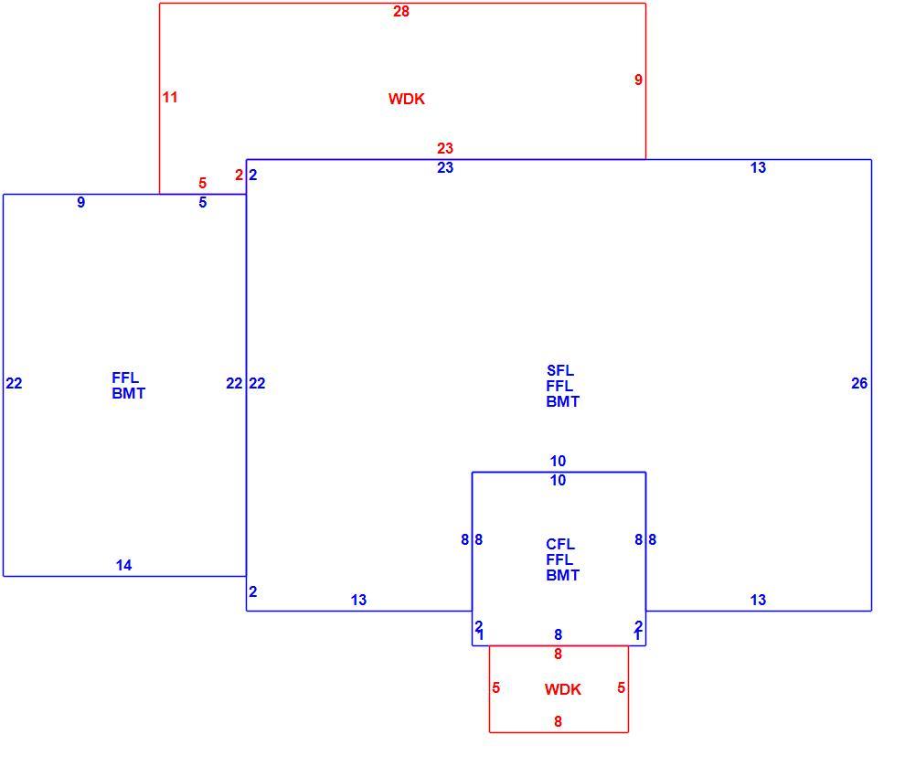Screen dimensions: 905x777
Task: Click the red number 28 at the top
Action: pyautogui.click(x=401, y=11)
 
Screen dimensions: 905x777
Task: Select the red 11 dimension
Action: pyautogui.click(x=170, y=97)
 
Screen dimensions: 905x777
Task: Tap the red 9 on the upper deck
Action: pyautogui.click(x=638, y=80)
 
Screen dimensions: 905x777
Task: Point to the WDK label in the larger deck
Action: pyautogui.click(x=406, y=99)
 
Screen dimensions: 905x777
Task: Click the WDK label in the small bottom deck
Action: pyautogui.click(x=563, y=689)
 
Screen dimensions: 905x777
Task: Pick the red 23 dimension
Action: pyautogui.click(x=445, y=148)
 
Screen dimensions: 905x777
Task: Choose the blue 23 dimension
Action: pyautogui.click(x=445, y=167)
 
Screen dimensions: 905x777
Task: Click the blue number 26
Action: pyautogui.click(x=858, y=383)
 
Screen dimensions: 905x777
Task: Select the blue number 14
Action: pyautogui.click(x=123, y=565)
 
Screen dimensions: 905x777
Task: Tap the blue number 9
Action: pyautogui.click(x=80, y=202)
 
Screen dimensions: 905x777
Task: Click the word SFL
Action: pyautogui.click(x=559, y=370)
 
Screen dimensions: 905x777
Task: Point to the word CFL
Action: pyautogui.click(x=559, y=544)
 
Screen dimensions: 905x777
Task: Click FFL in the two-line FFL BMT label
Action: pyautogui.click(x=125, y=378)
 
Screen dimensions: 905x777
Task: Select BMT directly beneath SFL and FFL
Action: pyautogui.click(x=562, y=401)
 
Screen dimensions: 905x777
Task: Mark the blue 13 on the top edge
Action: pyautogui.click(x=758, y=167)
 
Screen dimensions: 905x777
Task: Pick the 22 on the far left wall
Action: pyautogui.click(x=14, y=383)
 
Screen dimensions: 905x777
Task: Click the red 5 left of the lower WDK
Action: pyautogui.click(x=495, y=688)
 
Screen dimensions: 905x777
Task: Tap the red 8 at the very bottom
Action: pyautogui.click(x=558, y=721)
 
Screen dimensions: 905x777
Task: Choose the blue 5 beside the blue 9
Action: pyautogui.click(x=203, y=202)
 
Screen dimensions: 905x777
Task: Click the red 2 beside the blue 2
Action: pyautogui.click(x=239, y=175)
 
